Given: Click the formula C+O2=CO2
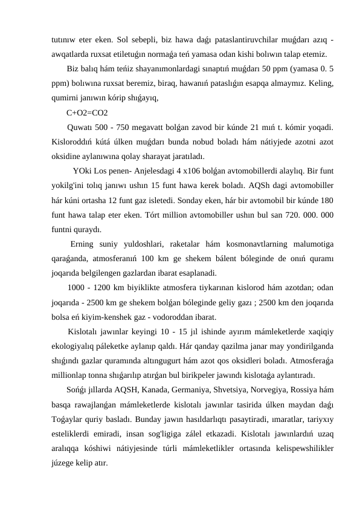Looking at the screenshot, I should [88, 113].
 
